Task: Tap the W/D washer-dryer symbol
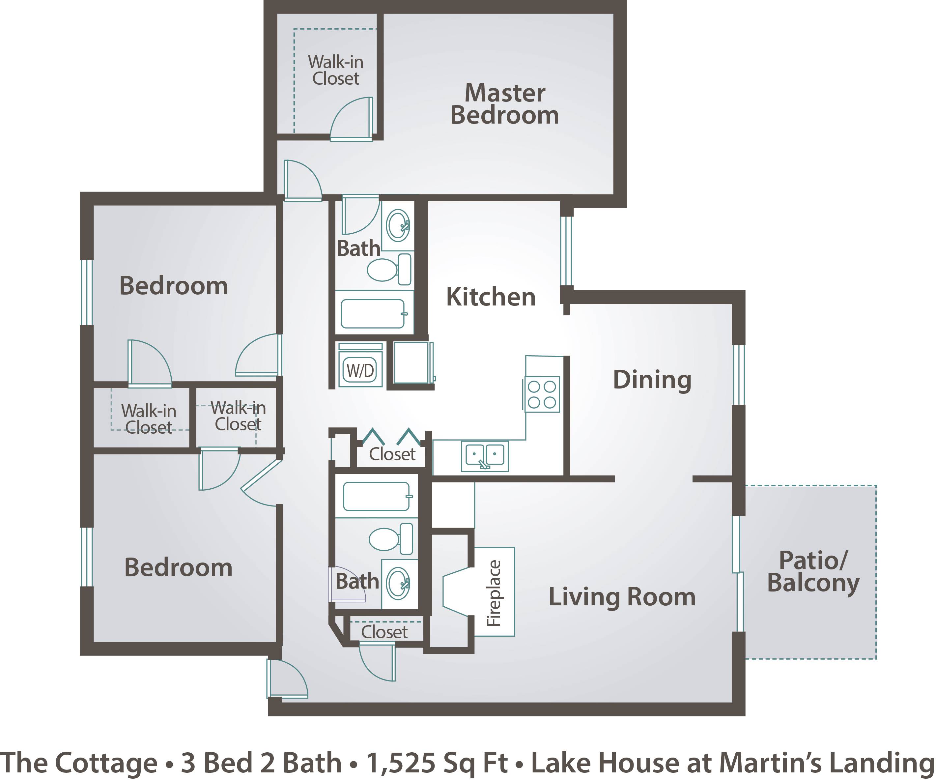(x=360, y=364)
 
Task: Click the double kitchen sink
(x=485, y=456)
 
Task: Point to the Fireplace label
(x=494, y=593)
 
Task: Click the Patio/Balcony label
(x=813, y=573)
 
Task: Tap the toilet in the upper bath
(x=389, y=269)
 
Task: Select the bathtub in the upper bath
(x=374, y=313)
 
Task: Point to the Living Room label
(x=622, y=597)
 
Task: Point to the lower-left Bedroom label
(x=178, y=567)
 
